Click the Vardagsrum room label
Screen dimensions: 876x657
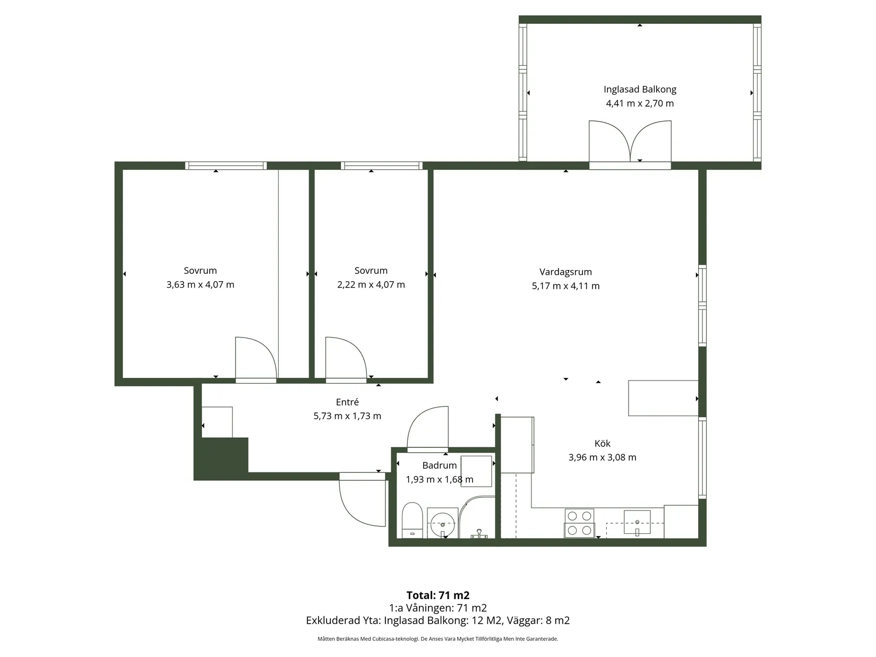(565, 272)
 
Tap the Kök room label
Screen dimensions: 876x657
(602, 443)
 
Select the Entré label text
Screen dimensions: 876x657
(347, 402)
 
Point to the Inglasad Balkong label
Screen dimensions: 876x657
(640, 89)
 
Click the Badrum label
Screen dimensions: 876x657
(440, 465)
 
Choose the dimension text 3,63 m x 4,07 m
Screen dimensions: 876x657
(200, 284)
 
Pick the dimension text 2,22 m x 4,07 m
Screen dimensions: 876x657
(371, 284)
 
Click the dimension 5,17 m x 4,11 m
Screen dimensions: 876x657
(565, 286)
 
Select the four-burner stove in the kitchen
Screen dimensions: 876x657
(579, 523)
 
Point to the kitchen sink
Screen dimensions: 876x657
(637, 522)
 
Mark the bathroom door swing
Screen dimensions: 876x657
(427, 428)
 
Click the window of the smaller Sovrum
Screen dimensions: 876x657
(382, 166)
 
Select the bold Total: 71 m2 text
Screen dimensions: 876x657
(438, 595)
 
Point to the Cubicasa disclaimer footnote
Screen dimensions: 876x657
(438, 638)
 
